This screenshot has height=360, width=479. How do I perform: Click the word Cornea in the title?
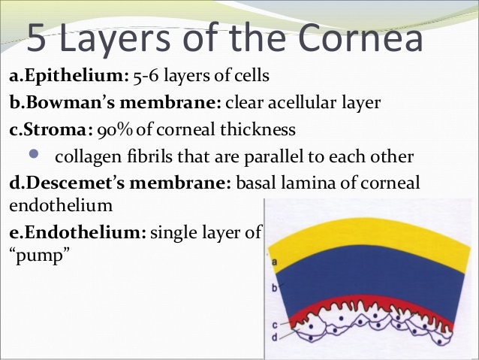click(360, 37)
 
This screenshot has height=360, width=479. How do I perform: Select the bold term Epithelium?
click(74, 76)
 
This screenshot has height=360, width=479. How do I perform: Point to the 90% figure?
click(115, 130)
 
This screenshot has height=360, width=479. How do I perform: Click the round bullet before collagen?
click(34, 153)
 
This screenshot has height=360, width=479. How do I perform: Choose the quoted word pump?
click(40, 256)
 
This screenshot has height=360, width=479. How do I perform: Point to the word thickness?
click(258, 129)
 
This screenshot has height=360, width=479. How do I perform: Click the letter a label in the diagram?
click(274, 262)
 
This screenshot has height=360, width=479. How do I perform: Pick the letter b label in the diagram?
click(274, 288)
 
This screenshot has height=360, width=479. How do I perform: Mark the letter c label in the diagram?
click(275, 325)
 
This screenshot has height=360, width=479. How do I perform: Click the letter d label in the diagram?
click(275, 337)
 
